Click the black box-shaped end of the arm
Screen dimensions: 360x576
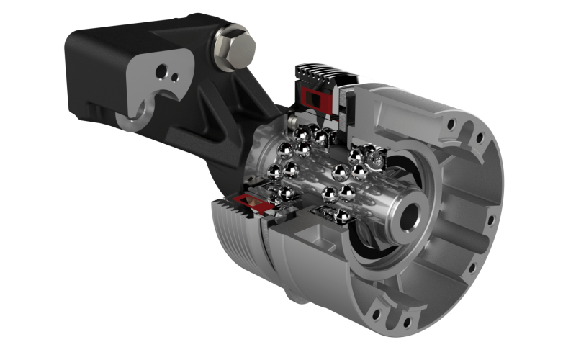click(x=94, y=72)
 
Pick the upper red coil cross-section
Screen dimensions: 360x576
click(x=315, y=96)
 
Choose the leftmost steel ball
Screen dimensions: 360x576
click(x=274, y=172)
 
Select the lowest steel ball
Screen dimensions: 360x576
click(x=341, y=215)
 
